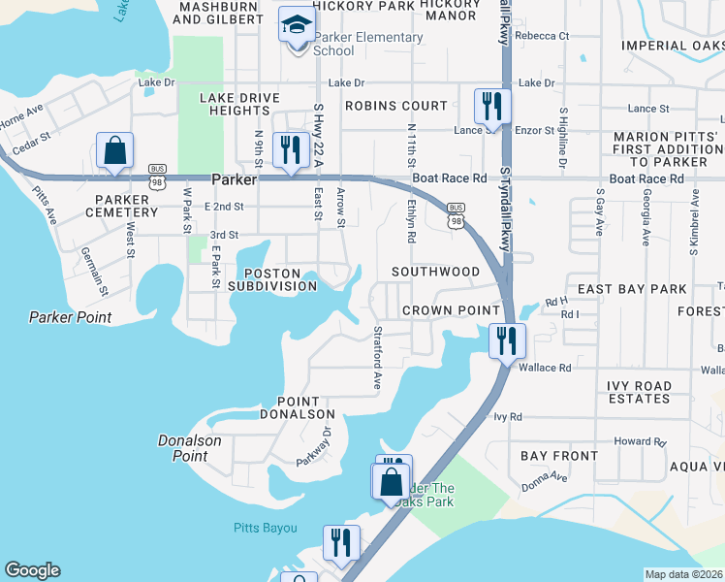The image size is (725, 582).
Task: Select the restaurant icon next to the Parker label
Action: point(290,150)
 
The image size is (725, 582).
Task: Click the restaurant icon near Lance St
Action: point(491,106)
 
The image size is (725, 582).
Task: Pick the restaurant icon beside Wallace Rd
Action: point(507,339)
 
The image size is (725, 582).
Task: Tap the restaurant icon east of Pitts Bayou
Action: point(341,543)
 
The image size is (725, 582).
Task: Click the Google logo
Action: point(32,570)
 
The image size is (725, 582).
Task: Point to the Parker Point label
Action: point(70,317)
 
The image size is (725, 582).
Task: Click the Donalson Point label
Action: point(190,448)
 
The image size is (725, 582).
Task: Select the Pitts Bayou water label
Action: point(265,528)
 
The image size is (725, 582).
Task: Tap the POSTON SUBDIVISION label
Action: point(272,279)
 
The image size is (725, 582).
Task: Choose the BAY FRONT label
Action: point(559,456)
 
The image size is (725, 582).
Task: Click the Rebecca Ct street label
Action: point(542,36)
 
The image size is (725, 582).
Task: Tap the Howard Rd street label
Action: point(640,441)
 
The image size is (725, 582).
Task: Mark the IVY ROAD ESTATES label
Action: point(639,392)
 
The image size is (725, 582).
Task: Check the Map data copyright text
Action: point(684,574)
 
